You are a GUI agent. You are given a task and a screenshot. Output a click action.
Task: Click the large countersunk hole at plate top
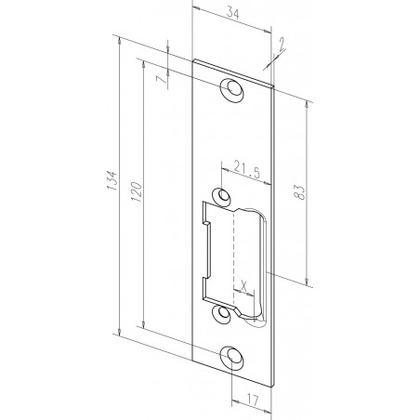[x=230, y=89]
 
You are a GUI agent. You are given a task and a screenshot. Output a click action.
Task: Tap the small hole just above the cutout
[x=222, y=197]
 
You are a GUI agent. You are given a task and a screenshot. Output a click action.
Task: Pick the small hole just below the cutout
[x=222, y=314]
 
